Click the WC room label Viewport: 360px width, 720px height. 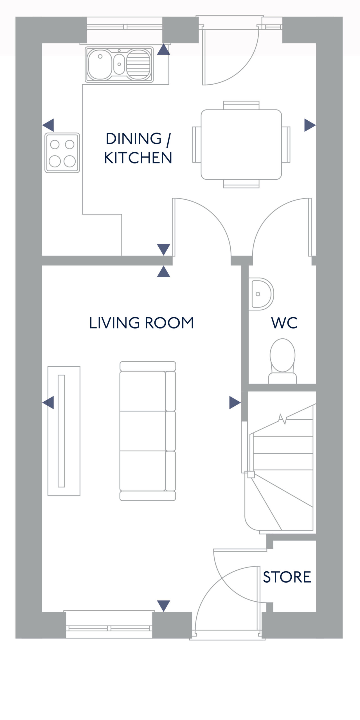284,323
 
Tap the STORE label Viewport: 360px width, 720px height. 287,577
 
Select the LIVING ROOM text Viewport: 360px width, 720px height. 141,323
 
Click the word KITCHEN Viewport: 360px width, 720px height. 138,158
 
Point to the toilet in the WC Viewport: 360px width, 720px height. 282,361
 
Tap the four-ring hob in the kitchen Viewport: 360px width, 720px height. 62,153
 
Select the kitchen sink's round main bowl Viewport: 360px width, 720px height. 100,64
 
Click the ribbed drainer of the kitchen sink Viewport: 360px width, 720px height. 139,64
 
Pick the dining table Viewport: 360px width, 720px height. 241,145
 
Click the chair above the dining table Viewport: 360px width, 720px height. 241,105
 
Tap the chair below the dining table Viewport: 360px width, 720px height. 241,184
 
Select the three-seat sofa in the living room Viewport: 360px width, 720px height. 148,431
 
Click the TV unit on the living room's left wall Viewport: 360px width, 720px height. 64,431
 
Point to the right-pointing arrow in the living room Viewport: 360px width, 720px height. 235,402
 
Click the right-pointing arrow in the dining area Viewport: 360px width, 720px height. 310,125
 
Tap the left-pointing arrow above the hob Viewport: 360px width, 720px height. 48,125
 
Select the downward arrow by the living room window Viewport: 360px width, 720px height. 163,606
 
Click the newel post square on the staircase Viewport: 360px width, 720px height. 251,475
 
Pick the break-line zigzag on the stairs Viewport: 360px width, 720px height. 282,419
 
